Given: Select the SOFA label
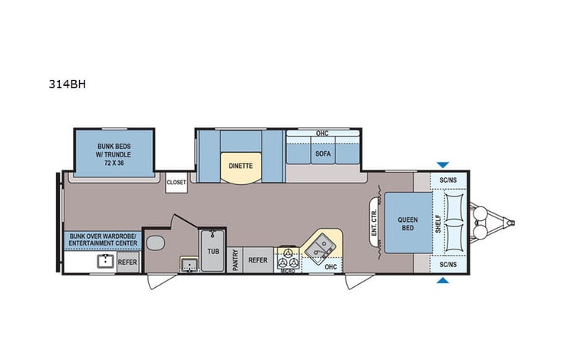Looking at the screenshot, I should click(322, 153).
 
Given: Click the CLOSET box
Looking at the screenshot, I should click(177, 183).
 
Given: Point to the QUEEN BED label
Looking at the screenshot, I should click(408, 223).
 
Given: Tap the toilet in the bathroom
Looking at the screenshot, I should click(154, 245).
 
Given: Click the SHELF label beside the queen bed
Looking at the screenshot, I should click(437, 223).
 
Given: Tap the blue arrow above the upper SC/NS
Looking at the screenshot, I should click(441, 164).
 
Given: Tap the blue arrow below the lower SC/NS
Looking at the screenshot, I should click(441, 281).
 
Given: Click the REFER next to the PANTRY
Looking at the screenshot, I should click(258, 260).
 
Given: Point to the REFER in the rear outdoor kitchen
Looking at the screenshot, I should click(127, 262).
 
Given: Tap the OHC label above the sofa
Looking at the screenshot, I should click(322, 134).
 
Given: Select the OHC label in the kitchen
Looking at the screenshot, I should click(330, 266).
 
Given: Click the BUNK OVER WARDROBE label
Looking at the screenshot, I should click(103, 239).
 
